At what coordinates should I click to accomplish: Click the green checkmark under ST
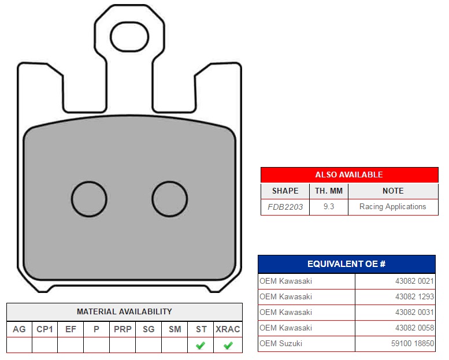pos(201,346)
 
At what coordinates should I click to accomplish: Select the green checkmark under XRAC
pos(228,346)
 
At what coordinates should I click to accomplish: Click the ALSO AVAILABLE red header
pos(350,175)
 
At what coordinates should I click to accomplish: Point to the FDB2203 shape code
pos(285,207)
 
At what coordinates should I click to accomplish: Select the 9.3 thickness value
pos(329,206)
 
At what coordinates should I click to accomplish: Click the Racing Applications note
pos(392,207)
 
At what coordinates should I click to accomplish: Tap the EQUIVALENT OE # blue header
pos(347,263)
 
